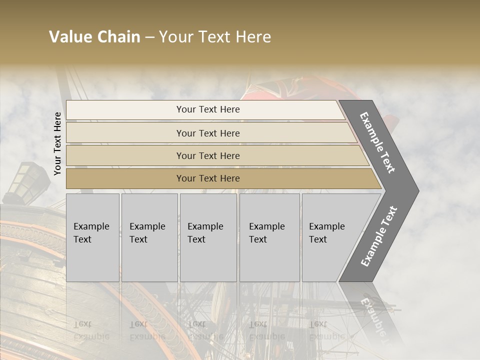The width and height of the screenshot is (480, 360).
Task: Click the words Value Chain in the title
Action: pyautogui.click(x=94, y=37)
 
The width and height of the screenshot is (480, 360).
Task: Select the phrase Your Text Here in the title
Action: pyautogui.click(x=215, y=37)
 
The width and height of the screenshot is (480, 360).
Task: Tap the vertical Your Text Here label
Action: pyautogui.click(x=58, y=143)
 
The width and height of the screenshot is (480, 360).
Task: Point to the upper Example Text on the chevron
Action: pyautogui.click(x=377, y=142)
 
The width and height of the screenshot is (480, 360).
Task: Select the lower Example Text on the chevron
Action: pyautogui.click(x=379, y=236)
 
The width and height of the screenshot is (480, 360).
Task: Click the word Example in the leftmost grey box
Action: pyautogui.click(x=91, y=226)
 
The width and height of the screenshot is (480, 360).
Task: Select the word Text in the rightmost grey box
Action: pyautogui.click(x=318, y=239)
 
